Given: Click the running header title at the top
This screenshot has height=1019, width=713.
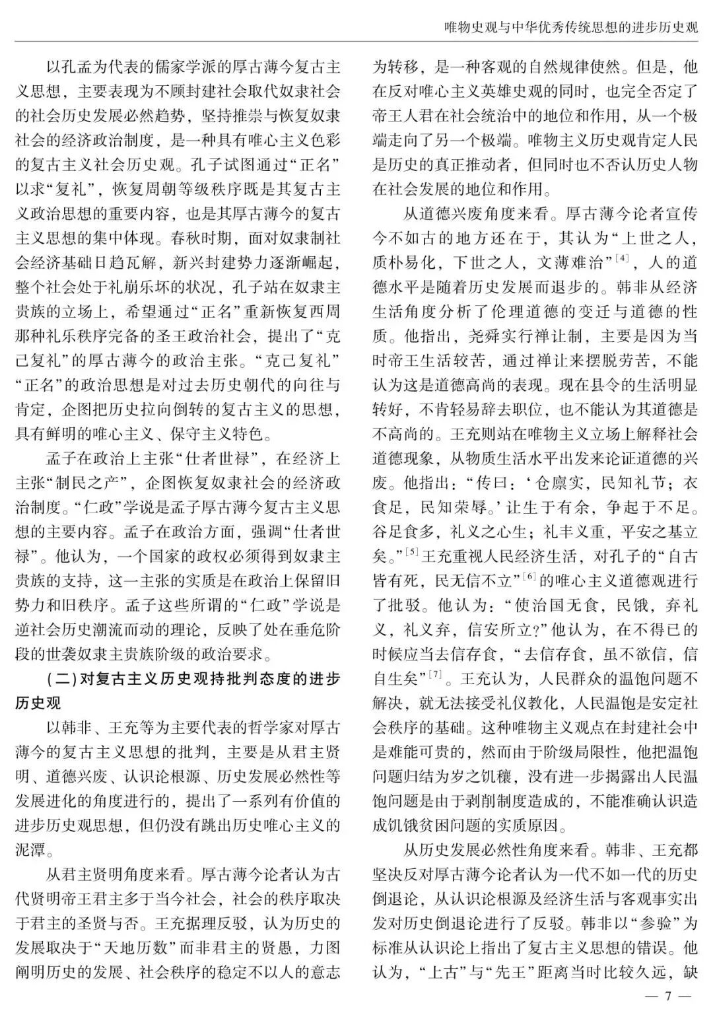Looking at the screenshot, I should (571, 28).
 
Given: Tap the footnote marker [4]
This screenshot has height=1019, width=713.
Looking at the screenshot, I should (620, 256).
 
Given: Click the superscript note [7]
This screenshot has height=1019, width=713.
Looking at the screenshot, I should (434, 674).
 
